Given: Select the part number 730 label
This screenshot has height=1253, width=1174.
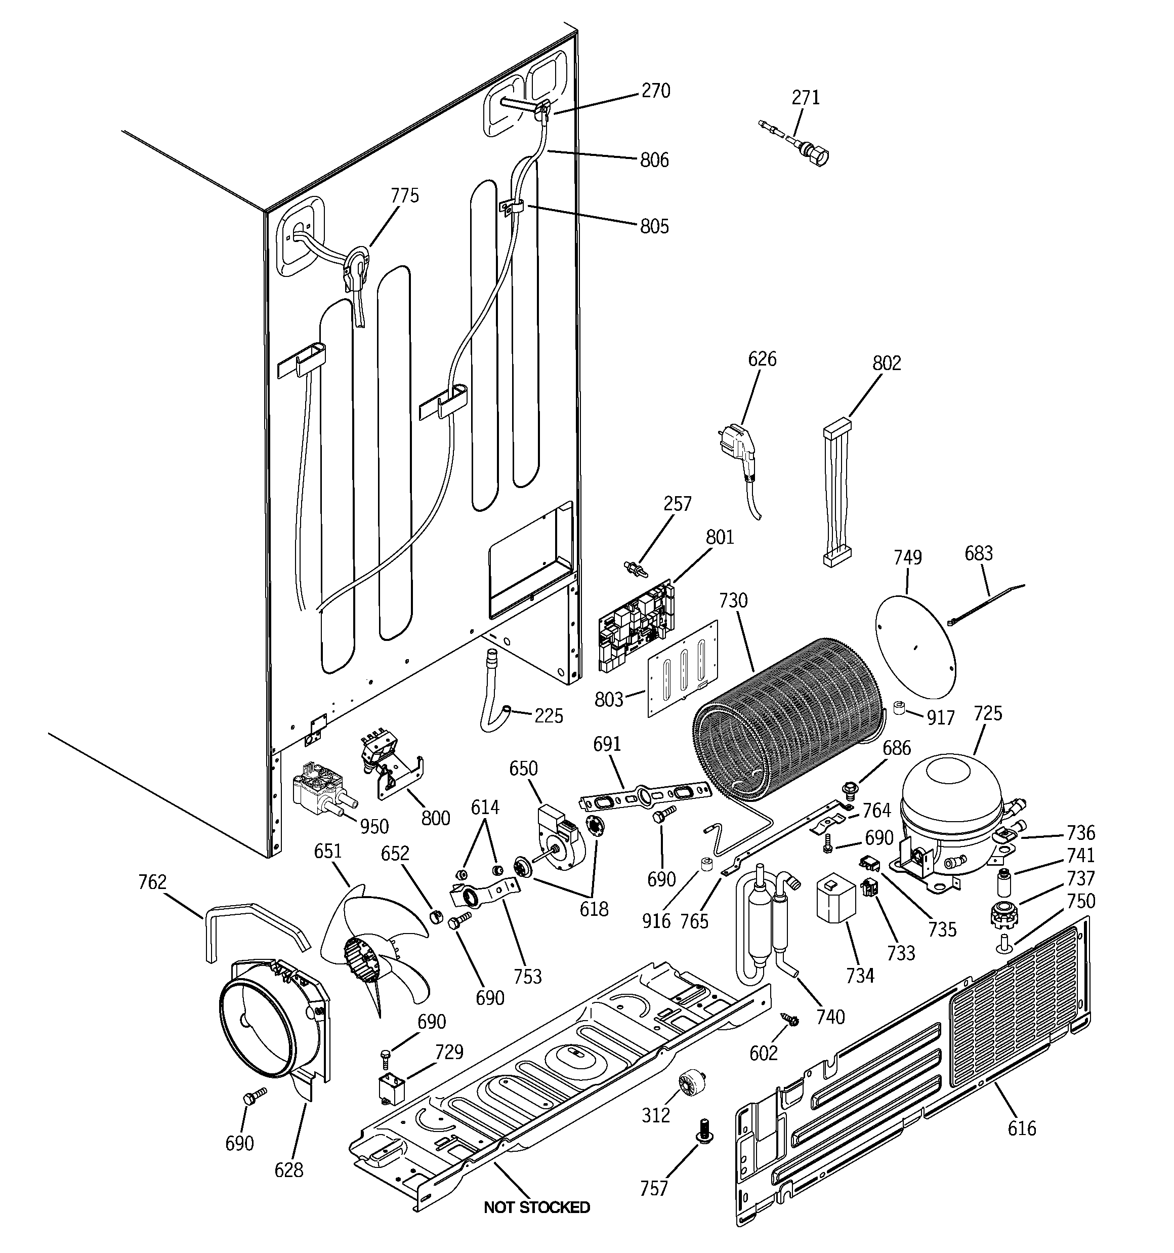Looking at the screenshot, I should click(733, 600).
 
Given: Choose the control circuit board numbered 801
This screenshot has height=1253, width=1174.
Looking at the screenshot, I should click(635, 624).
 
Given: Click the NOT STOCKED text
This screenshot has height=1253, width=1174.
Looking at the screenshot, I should click(536, 1207).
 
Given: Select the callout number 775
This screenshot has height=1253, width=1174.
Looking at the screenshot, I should click(404, 195).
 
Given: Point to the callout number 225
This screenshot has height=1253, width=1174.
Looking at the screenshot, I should click(548, 716).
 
